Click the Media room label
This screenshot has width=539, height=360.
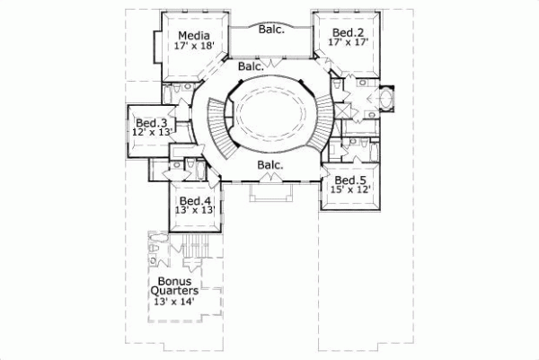189,36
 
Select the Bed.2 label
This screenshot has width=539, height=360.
344,31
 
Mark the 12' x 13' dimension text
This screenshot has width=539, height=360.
151,133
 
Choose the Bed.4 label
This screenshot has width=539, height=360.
195,200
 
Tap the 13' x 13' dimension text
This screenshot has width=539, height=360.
195,210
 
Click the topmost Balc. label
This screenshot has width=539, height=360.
271,29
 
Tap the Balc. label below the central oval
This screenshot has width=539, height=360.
270,165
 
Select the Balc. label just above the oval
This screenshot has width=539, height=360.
252,66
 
